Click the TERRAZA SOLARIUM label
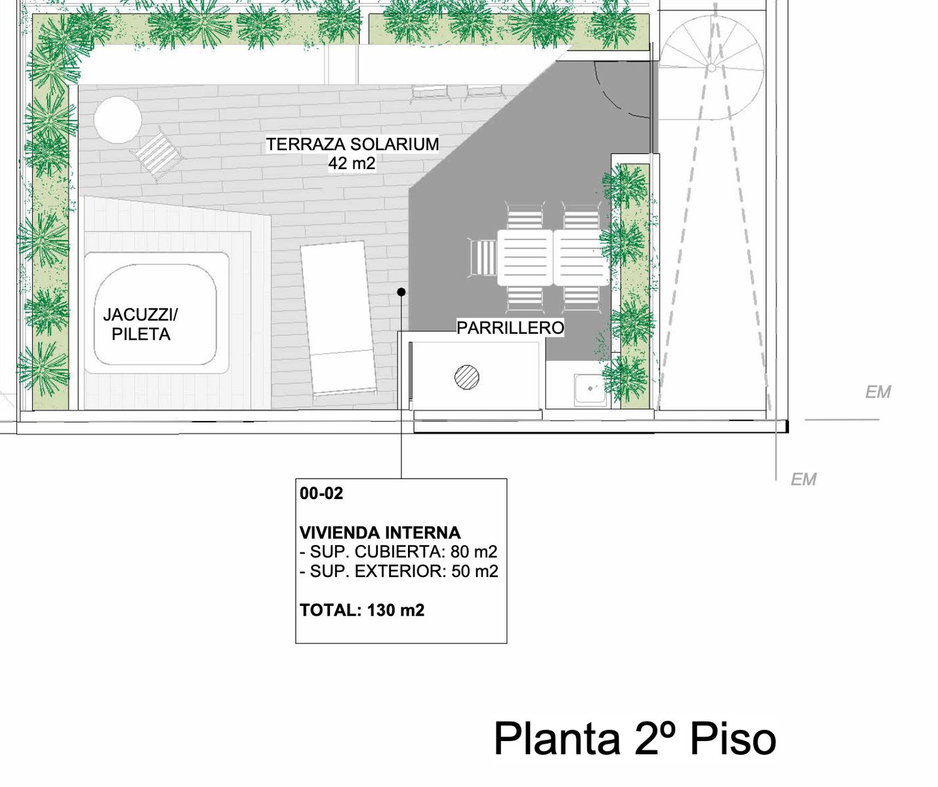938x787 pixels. (352, 145)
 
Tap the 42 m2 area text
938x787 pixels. (352, 163)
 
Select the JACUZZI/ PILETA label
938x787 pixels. (140, 325)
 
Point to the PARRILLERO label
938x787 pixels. (510, 328)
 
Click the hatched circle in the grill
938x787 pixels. (467, 377)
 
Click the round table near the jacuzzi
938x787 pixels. (118, 120)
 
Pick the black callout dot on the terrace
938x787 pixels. (401, 292)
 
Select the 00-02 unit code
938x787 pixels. (321, 494)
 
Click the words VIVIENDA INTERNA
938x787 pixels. (380, 533)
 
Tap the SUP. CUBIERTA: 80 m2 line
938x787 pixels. (398, 552)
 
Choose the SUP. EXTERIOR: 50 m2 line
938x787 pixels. (399, 572)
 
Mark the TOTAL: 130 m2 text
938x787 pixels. (362, 611)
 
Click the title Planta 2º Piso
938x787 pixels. (635, 739)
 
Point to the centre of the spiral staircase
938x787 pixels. (712, 68)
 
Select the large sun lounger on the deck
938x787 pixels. (338, 320)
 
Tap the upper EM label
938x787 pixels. (878, 393)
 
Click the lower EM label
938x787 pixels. (804, 480)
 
